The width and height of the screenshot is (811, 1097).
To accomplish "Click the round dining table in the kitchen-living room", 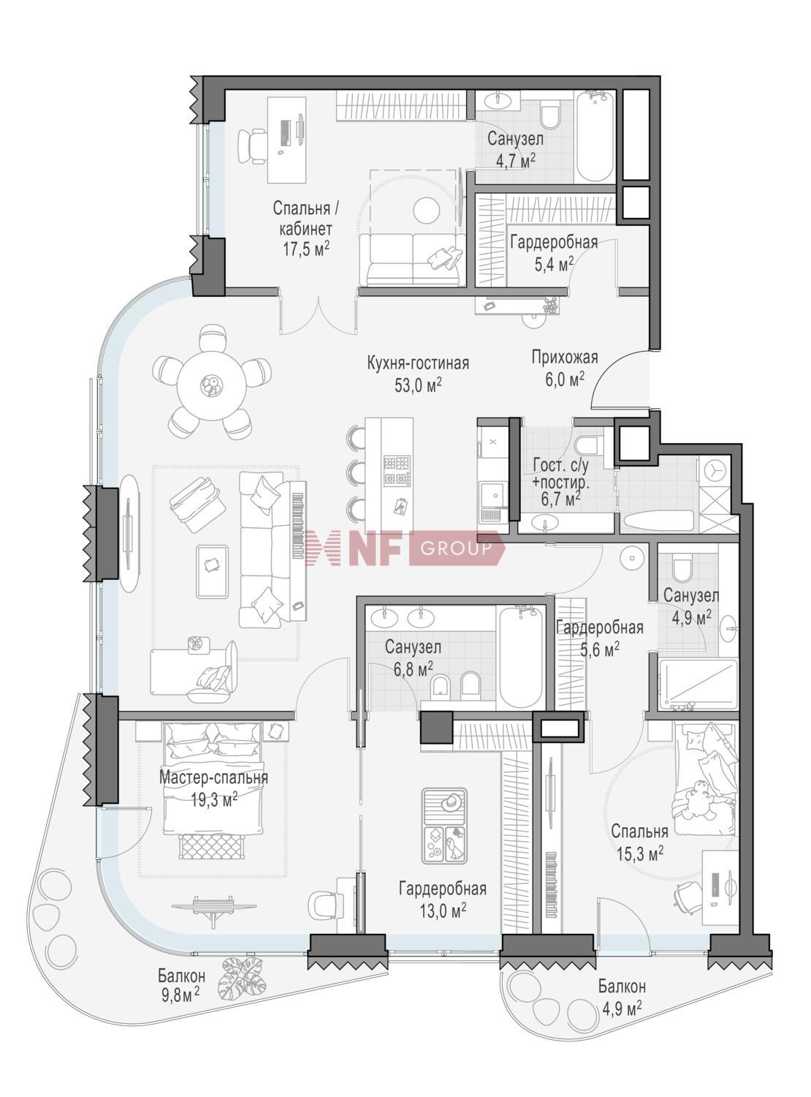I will click(x=212, y=383).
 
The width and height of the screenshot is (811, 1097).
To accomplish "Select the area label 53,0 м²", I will click(x=418, y=385).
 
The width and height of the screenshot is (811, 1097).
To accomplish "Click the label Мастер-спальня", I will click(x=213, y=777).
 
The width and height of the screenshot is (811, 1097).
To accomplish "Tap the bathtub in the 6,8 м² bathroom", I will click(x=519, y=652).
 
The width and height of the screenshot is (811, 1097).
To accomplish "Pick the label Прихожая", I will click(x=564, y=358).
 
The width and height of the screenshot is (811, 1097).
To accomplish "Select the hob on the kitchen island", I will click(x=397, y=471).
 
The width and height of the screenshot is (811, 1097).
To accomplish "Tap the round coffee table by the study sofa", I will click(x=427, y=211).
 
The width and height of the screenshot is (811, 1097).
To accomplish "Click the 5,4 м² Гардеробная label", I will click(x=553, y=252).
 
